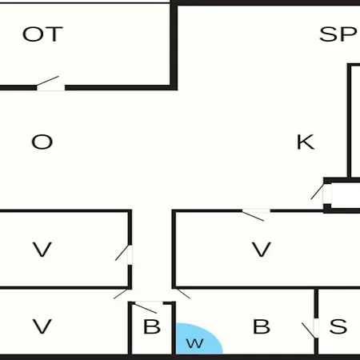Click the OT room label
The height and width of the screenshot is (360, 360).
point(42,34)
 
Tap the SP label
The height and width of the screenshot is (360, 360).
point(338,34)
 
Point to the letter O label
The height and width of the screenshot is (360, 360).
point(42,142)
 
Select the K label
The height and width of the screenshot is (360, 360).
point(306,142)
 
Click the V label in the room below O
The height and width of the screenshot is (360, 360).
point(42,250)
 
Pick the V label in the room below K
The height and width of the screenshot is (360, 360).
point(262,250)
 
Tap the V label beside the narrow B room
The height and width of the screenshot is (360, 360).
point(42,326)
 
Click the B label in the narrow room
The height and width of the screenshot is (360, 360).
point(152,326)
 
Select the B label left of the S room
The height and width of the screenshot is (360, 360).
point(262,326)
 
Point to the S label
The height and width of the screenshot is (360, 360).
point(338,326)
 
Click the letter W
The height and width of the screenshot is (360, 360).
point(195,343)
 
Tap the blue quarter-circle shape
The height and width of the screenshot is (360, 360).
point(198,338)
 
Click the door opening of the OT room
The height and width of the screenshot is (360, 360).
point(50,87)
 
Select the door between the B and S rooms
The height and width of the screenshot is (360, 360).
point(316,328)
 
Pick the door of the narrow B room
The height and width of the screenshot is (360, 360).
point(149,303)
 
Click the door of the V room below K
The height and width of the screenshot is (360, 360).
point(256,211)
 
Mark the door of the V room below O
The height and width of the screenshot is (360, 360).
point(130,254)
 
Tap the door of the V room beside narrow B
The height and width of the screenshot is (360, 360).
point(121,294)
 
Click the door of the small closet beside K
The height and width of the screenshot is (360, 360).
point(327,194)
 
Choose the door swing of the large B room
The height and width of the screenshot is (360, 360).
point(183,294)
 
